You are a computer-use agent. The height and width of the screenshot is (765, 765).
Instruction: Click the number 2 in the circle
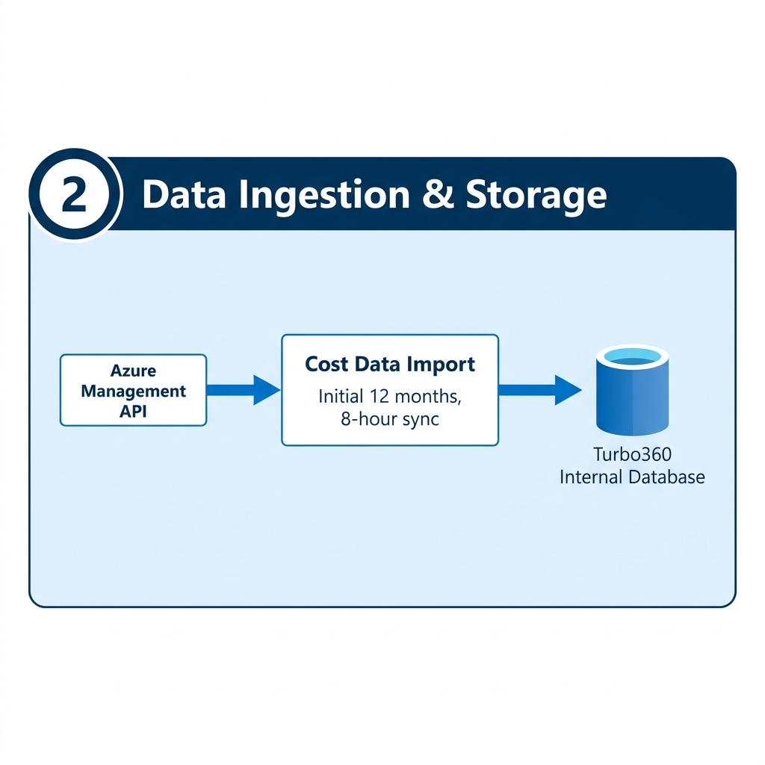pos(75,195)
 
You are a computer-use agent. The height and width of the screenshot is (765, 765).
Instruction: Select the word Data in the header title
pos(184,195)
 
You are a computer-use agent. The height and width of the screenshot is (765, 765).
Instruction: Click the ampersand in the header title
pos(438,194)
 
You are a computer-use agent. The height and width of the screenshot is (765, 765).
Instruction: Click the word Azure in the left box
pos(133,371)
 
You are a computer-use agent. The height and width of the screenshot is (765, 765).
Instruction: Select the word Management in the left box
pos(133,391)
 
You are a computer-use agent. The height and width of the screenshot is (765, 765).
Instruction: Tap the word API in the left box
pos(133,412)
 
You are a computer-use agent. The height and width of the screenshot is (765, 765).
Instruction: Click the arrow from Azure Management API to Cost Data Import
pos(244,390)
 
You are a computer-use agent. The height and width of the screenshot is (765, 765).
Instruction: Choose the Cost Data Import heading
pos(390,364)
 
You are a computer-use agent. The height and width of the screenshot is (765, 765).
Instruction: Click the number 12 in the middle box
pos(379,396)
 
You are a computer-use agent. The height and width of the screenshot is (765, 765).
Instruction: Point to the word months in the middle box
pos(428,397)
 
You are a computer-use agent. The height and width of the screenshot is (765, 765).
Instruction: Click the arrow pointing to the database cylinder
pos(540,390)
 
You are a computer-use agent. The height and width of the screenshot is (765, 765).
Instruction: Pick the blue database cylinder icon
pos(632,390)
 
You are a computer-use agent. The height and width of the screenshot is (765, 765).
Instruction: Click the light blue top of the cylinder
pos(632,356)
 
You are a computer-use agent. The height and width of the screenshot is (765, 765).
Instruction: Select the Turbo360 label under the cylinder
pos(632,454)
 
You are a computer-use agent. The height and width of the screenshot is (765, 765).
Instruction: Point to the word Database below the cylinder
pos(667,477)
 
